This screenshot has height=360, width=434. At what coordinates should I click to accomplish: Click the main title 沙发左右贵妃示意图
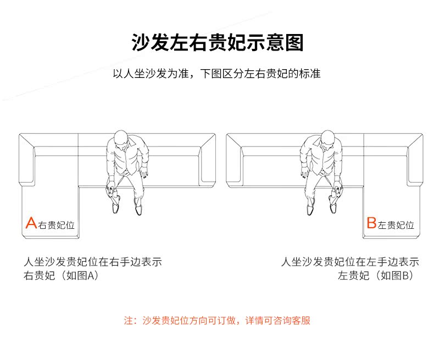coord(217,42)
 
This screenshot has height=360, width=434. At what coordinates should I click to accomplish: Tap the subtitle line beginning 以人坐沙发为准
coord(217,74)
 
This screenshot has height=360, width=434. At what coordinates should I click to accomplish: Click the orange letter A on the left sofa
coord(31,223)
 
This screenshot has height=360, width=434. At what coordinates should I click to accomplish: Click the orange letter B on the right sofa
coord(371,223)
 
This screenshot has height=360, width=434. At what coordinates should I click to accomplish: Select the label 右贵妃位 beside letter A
coord(56,225)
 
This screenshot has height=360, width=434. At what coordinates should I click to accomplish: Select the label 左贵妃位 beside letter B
coord(396,225)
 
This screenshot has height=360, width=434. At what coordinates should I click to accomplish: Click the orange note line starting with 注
coord(217,320)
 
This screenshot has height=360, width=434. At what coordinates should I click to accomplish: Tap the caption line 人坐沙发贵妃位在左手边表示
coord(350,262)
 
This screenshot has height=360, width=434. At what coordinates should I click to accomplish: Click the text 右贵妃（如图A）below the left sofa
coord(60,275)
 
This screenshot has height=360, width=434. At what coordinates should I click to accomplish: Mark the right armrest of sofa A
coord(208,159)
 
